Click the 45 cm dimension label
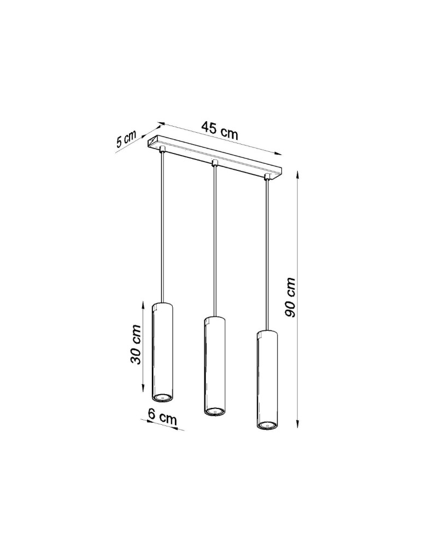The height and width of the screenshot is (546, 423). point(219,129)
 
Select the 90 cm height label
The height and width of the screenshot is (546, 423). point(291,297)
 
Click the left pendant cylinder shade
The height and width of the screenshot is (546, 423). point(163,349)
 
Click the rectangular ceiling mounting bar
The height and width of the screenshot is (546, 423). point(216,159)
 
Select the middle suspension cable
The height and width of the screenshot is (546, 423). point(215,240)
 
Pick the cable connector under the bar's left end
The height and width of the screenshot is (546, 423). point(163,149)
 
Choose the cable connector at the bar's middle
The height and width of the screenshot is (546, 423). point(215,163)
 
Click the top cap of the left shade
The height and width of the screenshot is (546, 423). point(163,303)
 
